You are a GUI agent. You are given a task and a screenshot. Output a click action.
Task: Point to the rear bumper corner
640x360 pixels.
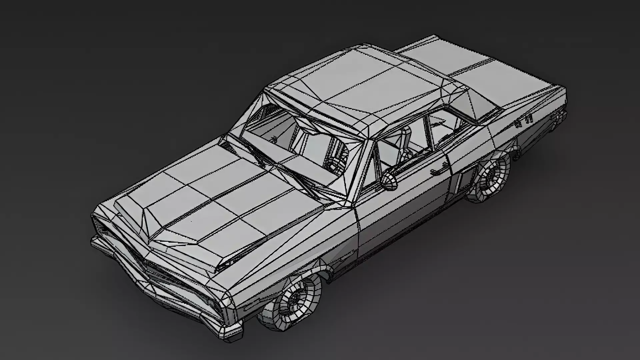pos(562,115)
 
